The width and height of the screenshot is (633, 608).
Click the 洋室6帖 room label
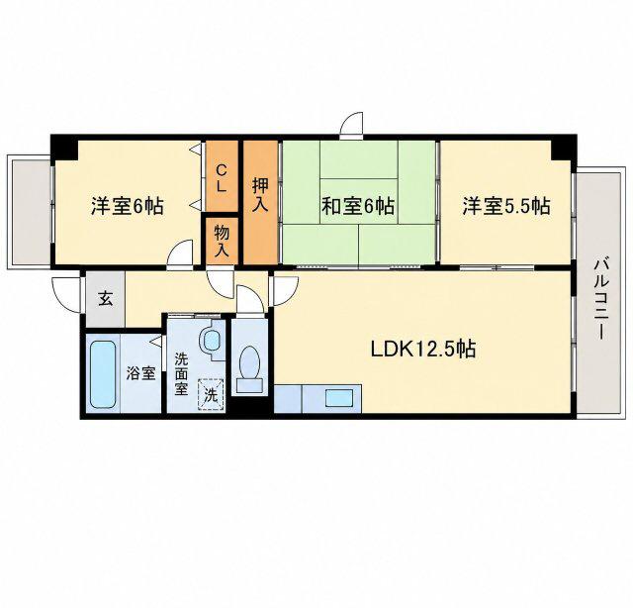tap(128, 206)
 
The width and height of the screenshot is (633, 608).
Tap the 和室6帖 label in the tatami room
tap(358, 206)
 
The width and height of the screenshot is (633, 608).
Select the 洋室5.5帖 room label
tap(505, 206)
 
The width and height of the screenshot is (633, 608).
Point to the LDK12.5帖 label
tap(423, 349)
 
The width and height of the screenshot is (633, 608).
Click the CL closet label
tap(222, 178)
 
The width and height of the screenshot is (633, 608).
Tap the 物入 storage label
tap(222, 241)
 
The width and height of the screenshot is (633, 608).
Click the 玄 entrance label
tap(106, 300)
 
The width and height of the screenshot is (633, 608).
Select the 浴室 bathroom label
tap(140, 373)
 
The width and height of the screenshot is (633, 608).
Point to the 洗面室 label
tap(181, 374)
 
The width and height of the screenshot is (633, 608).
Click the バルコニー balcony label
tap(600, 298)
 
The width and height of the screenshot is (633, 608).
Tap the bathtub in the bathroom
tap(103, 374)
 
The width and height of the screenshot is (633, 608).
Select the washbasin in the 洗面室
tap(211, 340)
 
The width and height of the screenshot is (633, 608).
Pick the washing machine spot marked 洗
tap(211, 394)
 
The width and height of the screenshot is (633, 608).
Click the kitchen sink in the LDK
tap(340, 398)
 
